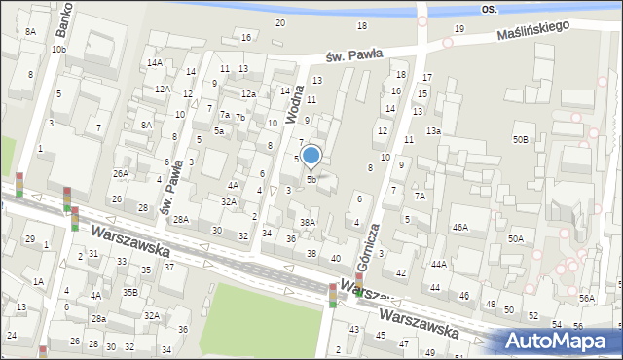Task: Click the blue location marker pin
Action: [311, 155]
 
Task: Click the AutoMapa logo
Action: [562, 341]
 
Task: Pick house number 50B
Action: [522, 140]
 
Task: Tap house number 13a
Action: [432, 131]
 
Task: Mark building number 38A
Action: [308, 222]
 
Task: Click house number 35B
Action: [130, 291]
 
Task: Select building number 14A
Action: [154, 62]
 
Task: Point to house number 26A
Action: [120, 173]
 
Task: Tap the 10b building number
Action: [59, 49]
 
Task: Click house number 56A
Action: [586, 298]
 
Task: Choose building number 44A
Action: [439, 264]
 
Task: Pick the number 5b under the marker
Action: [311, 179]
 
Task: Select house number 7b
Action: [240, 118]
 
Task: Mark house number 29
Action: [29, 238]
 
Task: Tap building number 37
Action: [168, 267]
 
